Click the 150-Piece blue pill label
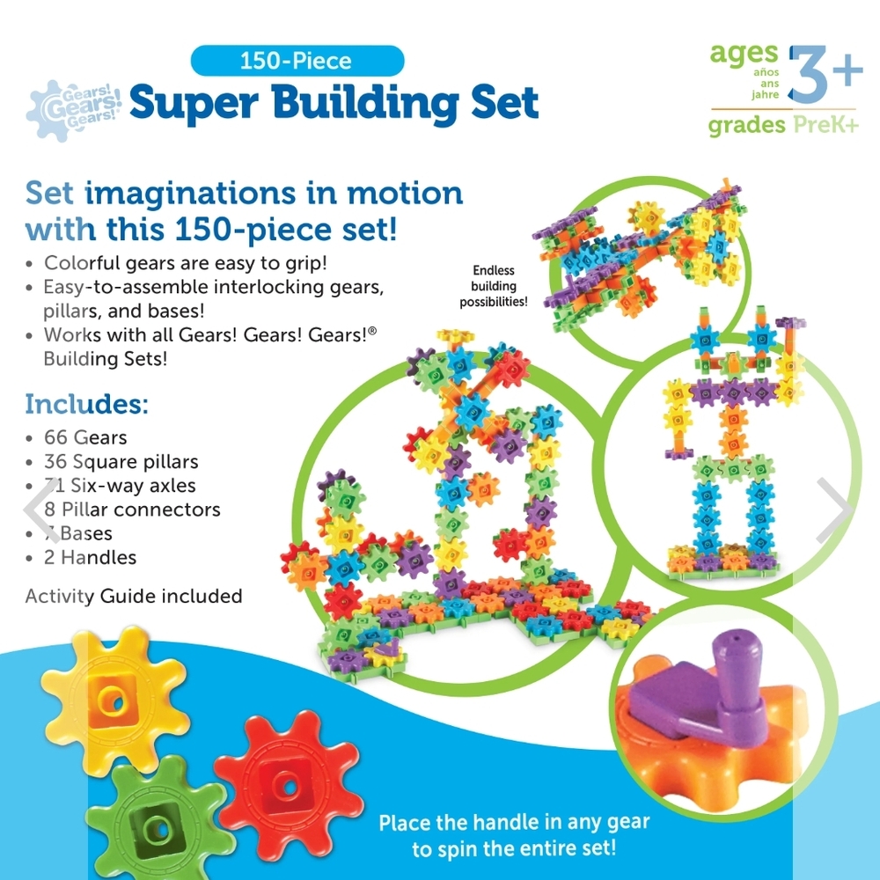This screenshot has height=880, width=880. [297, 62]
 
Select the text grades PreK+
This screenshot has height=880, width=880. [782, 125]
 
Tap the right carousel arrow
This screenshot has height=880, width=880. [832, 510]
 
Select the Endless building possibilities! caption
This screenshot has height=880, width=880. [493, 286]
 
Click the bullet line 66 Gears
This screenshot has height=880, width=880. [85, 437]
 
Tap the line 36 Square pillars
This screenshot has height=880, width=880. [121, 461]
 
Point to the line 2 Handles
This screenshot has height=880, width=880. [90, 557]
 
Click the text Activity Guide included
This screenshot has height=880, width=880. [134, 596]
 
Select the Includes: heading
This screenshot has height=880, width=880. [86, 404]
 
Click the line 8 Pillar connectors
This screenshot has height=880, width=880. [132, 509]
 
